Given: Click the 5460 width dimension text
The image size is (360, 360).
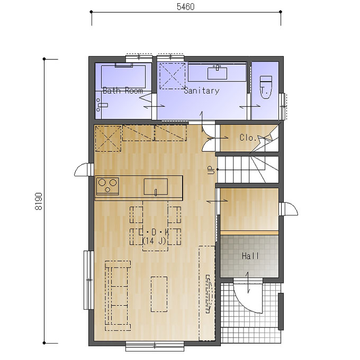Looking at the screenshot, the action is click(185, 7).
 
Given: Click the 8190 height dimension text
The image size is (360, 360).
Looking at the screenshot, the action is click(39, 201).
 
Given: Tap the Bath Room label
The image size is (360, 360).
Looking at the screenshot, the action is click(123, 91).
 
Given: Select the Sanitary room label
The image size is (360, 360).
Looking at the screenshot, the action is click(202, 91).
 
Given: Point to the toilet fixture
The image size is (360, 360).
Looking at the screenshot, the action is click(266, 87).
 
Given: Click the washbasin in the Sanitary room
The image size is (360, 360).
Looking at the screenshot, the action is click(217, 73).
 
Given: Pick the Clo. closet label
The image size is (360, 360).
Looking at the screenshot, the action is click(248, 138).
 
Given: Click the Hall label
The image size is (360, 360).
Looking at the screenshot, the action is click(250, 256).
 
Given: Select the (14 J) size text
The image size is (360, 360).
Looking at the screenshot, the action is click(154, 241).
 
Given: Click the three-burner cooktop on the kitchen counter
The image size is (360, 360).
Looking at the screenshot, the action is click(107, 186).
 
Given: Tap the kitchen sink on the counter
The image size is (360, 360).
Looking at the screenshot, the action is click(156, 187).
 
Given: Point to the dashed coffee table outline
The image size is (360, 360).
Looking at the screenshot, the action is click(159, 294).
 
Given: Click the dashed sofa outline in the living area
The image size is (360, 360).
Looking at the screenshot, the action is click(118, 295).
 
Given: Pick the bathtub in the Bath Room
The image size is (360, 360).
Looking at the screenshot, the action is click(123, 76).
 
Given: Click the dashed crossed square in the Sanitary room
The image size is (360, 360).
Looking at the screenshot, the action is click(172, 76).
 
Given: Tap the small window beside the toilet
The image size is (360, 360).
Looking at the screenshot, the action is click(283, 106).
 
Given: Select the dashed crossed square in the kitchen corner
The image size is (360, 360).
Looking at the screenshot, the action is click(108, 139).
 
